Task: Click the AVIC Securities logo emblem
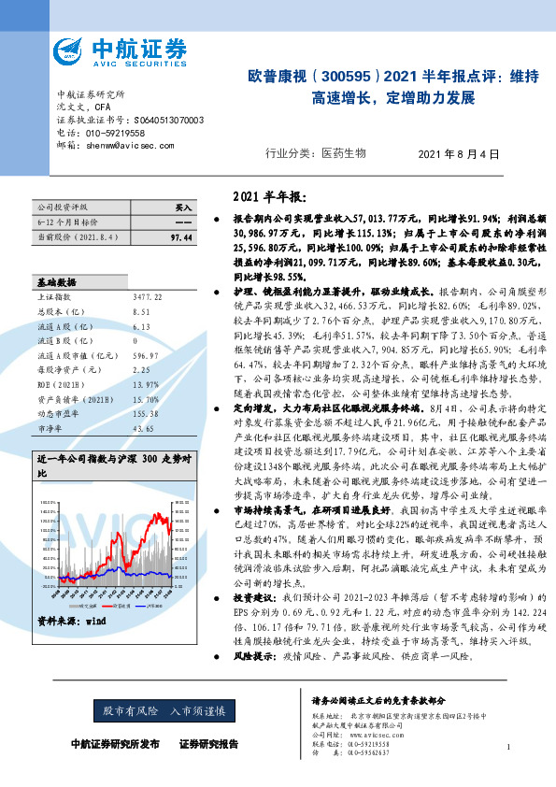point(69,51)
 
